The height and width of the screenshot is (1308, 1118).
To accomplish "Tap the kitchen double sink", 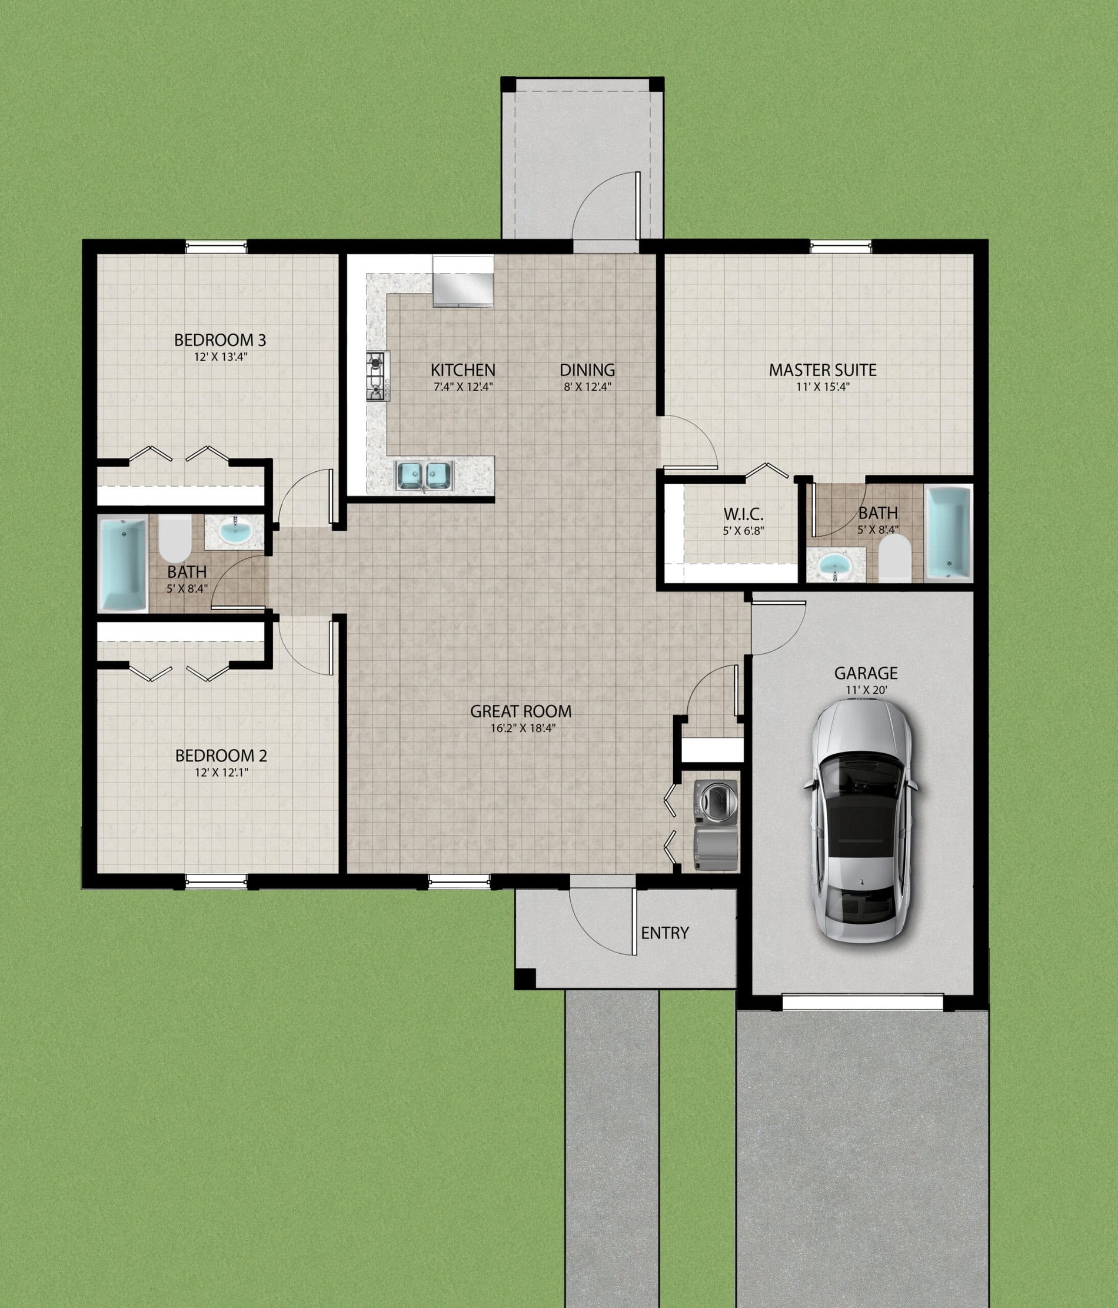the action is pyautogui.click(x=424, y=476).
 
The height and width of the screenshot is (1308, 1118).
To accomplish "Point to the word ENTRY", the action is pyautogui.click(x=665, y=933).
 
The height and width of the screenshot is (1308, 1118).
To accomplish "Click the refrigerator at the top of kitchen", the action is pyautogui.click(x=462, y=281).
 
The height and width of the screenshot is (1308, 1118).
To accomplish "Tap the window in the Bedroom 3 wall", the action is pyautogui.click(x=216, y=248).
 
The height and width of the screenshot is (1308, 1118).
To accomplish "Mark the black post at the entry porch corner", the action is pyautogui.click(x=525, y=978).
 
